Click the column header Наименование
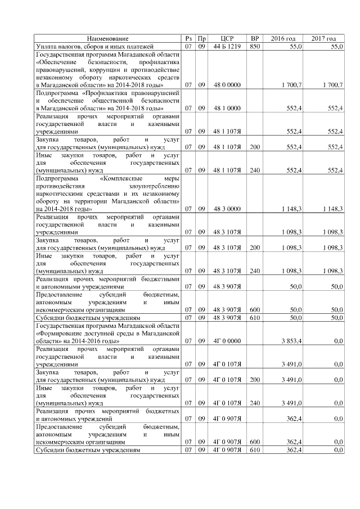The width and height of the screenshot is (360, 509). [x=108, y=38]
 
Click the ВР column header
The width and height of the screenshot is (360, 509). [x=255, y=38]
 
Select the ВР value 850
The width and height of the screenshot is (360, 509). [x=255, y=46]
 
